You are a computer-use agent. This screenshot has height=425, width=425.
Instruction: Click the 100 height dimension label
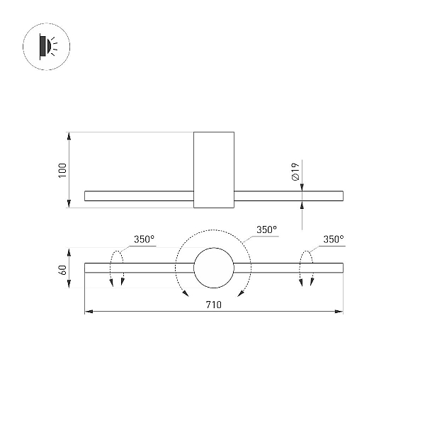(62, 170)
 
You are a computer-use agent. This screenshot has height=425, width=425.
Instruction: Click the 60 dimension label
(62, 270)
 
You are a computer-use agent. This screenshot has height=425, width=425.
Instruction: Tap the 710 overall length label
(214, 305)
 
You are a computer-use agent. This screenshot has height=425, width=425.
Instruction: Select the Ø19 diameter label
(295, 172)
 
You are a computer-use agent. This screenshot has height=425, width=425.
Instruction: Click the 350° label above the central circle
(267, 229)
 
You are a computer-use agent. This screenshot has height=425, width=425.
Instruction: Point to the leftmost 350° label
(144, 239)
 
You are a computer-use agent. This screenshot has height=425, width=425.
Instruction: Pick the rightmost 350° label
(334, 239)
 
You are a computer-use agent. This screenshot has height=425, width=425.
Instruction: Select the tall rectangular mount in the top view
(214, 170)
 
